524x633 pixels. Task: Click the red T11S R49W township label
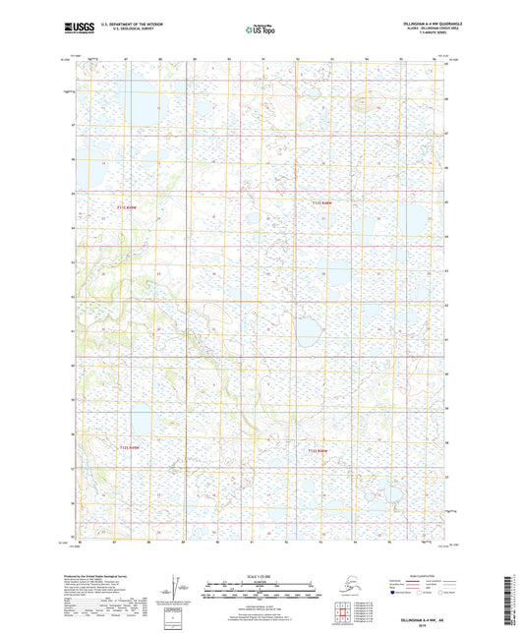tap(130, 207)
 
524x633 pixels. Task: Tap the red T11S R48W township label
tap(324, 203)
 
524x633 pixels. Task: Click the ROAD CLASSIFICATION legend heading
tap(412, 578)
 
